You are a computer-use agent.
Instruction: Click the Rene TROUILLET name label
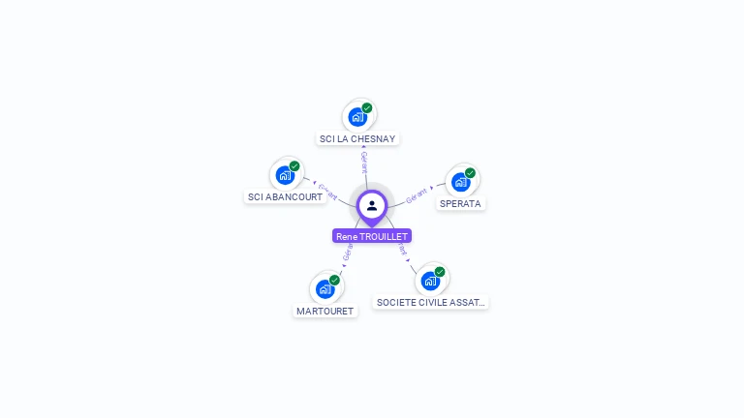(x=372, y=236)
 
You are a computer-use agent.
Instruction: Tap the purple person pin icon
(x=372, y=205)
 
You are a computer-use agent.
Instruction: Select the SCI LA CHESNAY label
(x=358, y=138)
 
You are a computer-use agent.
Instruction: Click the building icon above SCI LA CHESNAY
(x=357, y=117)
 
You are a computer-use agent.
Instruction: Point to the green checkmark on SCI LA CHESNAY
(x=367, y=108)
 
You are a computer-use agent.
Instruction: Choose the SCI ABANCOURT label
(x=285, y=196)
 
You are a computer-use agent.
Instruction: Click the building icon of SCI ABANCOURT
(x=285, y=175)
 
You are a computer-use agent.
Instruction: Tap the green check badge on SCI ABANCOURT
(x=294, y=166)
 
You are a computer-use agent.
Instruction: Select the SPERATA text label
(x=460, y=203)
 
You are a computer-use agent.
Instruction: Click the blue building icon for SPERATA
(x=461, y=181)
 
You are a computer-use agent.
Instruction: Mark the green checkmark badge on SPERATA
(x=470, y=173)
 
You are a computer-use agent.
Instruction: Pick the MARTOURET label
(x=325, y=311)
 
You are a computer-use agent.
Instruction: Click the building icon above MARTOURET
(x=325, y=288)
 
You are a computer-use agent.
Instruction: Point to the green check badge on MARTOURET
(x=334, y=280)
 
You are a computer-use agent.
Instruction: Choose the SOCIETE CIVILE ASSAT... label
(x=430, y=302)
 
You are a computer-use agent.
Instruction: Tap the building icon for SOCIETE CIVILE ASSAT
(x=430, y=281)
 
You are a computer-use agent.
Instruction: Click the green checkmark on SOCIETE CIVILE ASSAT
(x=440, y=272)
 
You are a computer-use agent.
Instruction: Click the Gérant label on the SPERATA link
(x=418, y=194)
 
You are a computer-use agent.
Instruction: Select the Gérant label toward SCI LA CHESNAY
(x=364, y=162)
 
